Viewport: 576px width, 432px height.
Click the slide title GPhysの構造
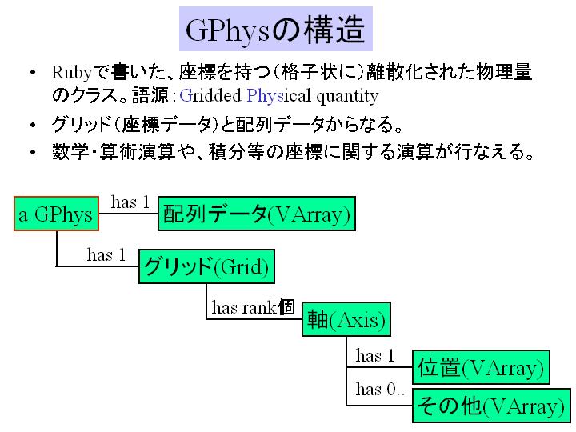[x=275, y=29]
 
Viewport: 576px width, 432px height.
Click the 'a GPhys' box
[x=56, y=214]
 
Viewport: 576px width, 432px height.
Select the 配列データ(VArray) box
[x=257, y=214]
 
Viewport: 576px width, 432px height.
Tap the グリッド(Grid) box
[x=207, y=266]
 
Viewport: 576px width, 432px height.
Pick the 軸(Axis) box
[x=346, y=319]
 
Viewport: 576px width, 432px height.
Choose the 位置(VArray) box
[x=481, y=367]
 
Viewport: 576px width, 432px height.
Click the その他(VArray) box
[x=491, y=406]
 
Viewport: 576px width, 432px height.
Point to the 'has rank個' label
[x=254, y=307]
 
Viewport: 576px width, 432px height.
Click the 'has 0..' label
[x=380, y=389]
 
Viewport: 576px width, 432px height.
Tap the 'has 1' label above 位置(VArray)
[x=375, y=355]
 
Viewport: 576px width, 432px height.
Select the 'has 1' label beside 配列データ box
[x=130, y=202]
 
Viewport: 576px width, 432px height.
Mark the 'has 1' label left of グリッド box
[x=106, y=254]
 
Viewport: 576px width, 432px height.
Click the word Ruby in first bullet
[x=72, y=73]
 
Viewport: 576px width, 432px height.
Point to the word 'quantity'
[x=347, y=96]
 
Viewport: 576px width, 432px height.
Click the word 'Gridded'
[x=210, y=95]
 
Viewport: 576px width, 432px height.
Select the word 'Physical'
[x=279, y=96]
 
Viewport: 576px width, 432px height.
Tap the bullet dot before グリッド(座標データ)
[x=33, y=126]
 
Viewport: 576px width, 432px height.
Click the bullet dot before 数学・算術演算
[x=33, y=152]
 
